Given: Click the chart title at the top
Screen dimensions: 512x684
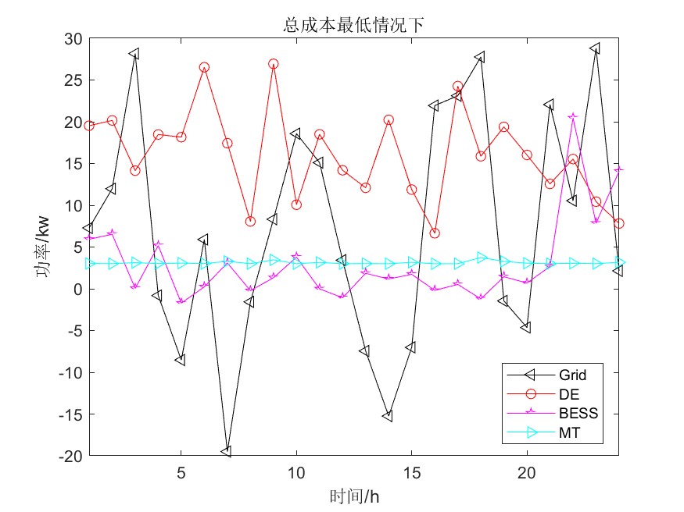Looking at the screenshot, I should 353,26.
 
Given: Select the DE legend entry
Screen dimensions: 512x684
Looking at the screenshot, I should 569,393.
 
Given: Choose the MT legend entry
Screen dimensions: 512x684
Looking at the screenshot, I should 568,430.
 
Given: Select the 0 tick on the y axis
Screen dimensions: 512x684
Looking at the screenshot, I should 77,289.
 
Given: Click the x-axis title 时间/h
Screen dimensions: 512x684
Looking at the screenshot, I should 354,496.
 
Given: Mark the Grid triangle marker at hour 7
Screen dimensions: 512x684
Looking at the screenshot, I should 227,451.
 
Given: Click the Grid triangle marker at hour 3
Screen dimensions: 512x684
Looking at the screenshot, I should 134,54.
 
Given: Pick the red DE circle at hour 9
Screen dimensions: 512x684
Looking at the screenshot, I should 273,64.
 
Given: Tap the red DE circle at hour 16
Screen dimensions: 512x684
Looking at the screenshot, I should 435,233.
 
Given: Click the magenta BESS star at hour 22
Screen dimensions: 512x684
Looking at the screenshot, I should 573,116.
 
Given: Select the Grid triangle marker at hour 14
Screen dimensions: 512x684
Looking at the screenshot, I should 389,416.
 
